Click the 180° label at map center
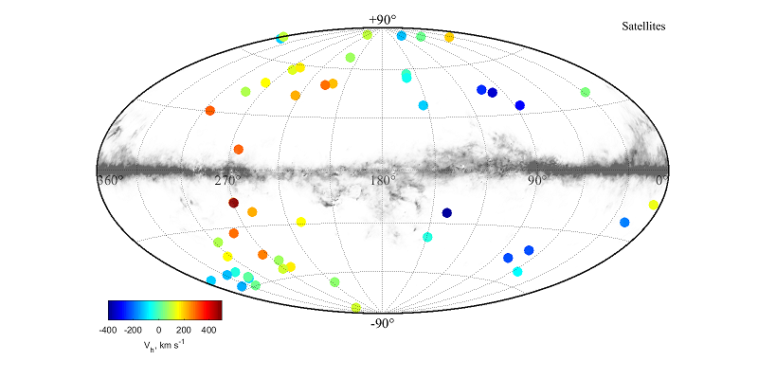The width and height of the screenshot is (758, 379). pyautogui.click(x=382, y=180)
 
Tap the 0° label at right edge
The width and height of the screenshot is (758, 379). pyautogui.click(x=661, y=179)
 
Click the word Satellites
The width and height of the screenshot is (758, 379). pyautogui.click(x=641, y=27)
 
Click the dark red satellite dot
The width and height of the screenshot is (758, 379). pyautogui.click(x=233, y=203)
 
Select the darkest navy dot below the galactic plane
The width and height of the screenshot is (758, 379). pyautogui.click(x=447, y=213)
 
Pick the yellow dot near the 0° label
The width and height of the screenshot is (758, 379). pyautogui.click(x=654, y=205)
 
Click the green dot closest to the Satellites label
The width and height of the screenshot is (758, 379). pyautogui.click(x=586, y=92)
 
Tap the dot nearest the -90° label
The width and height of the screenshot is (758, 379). pyautogui.click(x=356, y=308)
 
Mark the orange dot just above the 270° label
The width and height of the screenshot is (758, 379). pyautogui.click(x=239, y=149)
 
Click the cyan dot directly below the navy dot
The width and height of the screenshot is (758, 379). pyautogui.click(x=427, y=237)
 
